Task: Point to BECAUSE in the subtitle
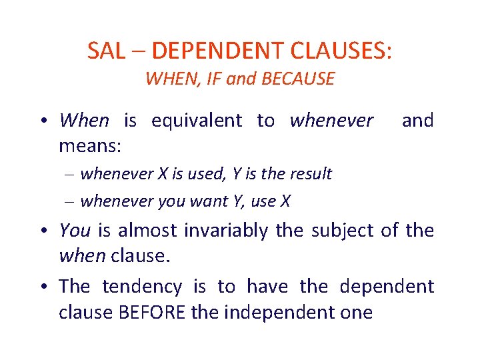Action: [298, 79]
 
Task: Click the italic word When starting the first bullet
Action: [83, 121]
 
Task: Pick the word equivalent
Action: [197, 121]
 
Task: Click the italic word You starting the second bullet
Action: [75, 231]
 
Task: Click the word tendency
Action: [141, 287]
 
